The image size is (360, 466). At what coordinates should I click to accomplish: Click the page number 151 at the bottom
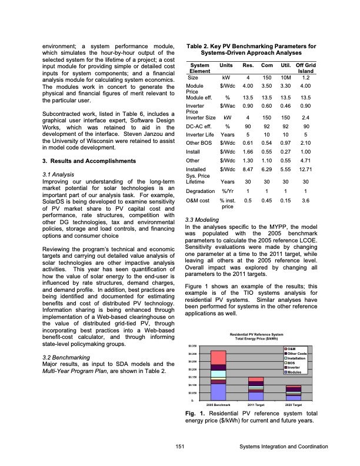click(x=179, y=447)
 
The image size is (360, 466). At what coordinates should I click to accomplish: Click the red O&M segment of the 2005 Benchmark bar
click(x=218, y=358)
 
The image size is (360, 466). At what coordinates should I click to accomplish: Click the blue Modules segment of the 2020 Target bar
click(x=293, y=397)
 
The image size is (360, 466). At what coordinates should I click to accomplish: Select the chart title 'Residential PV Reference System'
click(x=256, y=334)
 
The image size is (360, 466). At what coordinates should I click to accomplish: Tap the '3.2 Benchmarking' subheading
click(x=62, y=357)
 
